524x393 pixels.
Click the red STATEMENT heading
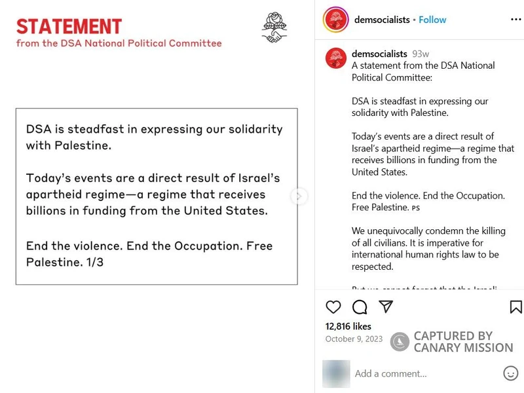[x=69, y=26]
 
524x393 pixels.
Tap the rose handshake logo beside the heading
[x=275, y=28]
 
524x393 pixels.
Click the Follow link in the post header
[x=432, y=20]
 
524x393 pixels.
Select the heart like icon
[x=333, y=307]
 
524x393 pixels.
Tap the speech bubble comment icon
[x=360, y=307]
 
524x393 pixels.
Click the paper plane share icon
[x=386, y=307]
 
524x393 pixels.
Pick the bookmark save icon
[x=515, y=307]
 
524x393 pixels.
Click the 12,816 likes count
[x=348, y=326]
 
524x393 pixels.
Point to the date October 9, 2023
[x=354, y=339]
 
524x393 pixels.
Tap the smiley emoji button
[x=511, y=373]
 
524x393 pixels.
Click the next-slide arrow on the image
[x=299, y=196]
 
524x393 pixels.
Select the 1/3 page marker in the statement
[x=94, y=262]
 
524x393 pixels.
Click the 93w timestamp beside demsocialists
[x=421, y=54]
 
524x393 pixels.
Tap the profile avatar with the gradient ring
[x=335, y=20]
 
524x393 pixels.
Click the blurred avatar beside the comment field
[x=336, y=373]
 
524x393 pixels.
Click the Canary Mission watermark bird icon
[x=400, y=342]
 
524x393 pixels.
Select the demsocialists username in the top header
[x=382, y=20]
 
